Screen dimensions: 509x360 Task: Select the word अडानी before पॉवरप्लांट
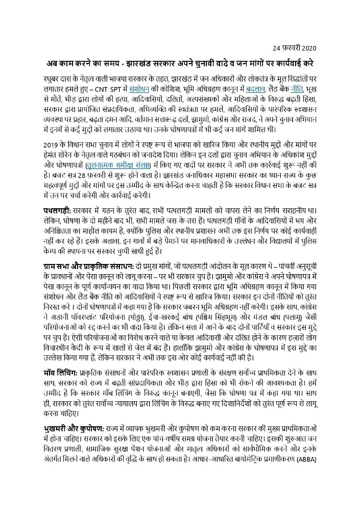click(x=61, y=319)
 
